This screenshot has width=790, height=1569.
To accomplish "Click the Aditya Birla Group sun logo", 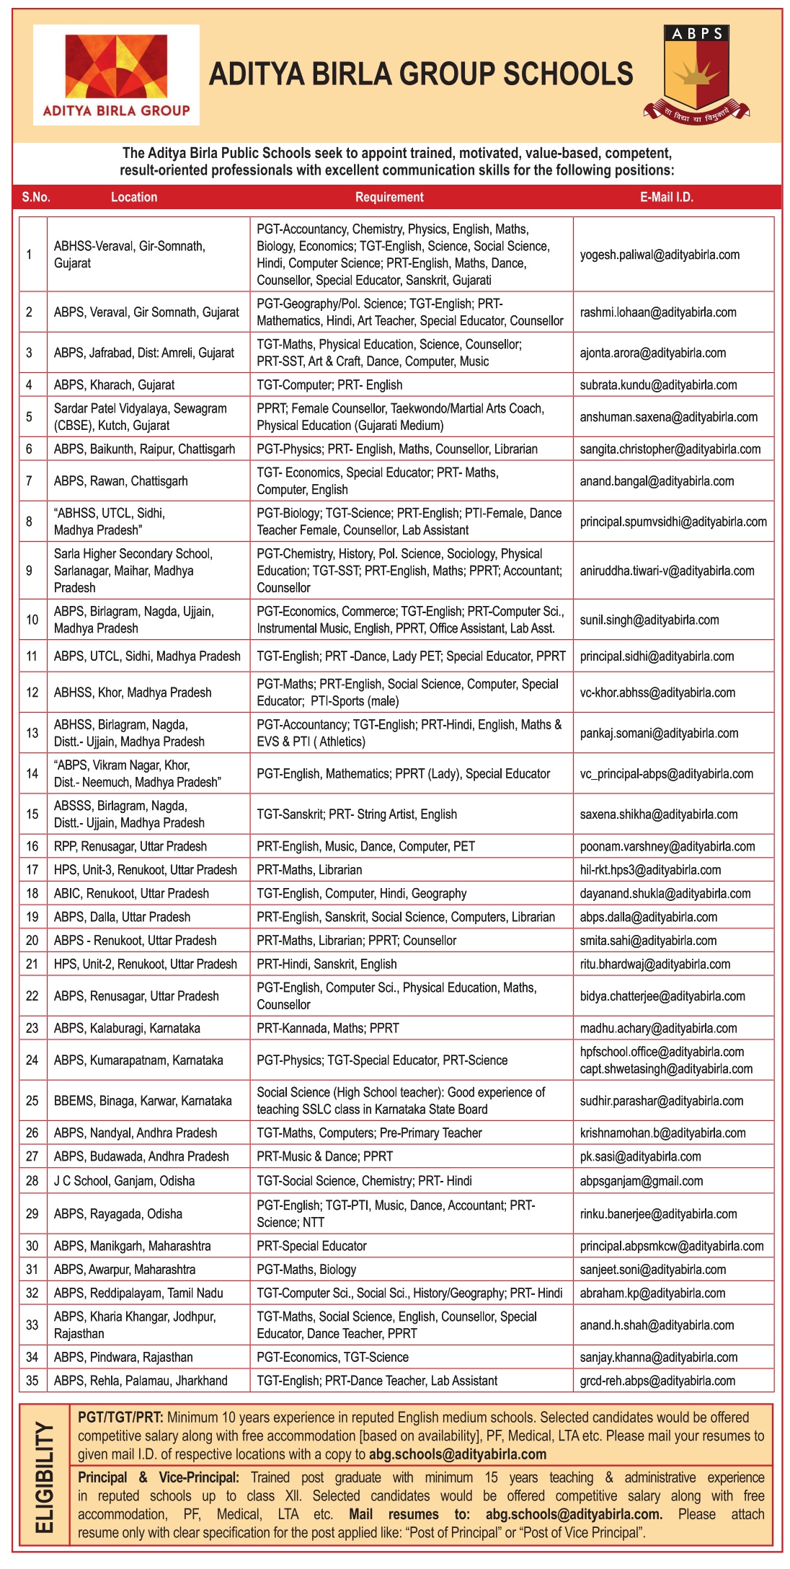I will point(116,66).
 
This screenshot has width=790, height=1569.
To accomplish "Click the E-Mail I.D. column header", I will point(666,197).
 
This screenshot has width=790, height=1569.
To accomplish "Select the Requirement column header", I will point(389,197).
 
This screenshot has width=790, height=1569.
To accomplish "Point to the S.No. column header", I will point(36,197).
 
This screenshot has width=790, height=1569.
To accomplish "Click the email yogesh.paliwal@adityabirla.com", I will point(660,255).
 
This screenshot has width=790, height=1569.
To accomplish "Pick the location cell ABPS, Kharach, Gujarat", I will point(114,384).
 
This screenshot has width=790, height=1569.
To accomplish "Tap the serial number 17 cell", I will point(32,870).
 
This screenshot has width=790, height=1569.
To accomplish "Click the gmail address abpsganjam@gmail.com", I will point(641,1181).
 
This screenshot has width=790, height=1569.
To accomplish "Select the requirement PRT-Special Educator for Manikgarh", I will point(311,1246).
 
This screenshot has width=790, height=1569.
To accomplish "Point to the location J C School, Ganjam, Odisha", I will point(124,1181).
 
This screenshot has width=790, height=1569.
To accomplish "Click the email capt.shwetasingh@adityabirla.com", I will point(666,1069).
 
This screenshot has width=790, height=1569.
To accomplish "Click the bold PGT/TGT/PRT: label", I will point(120,1418).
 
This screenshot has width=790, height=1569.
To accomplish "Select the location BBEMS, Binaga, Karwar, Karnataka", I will point(143,1101).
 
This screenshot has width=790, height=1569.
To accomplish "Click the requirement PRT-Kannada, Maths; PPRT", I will point(327,1028).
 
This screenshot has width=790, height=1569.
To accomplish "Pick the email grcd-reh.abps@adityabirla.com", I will point(657,1381).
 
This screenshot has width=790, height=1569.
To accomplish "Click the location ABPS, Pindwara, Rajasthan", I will point(123,1357).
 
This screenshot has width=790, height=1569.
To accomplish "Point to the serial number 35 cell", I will point(32,1381).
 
